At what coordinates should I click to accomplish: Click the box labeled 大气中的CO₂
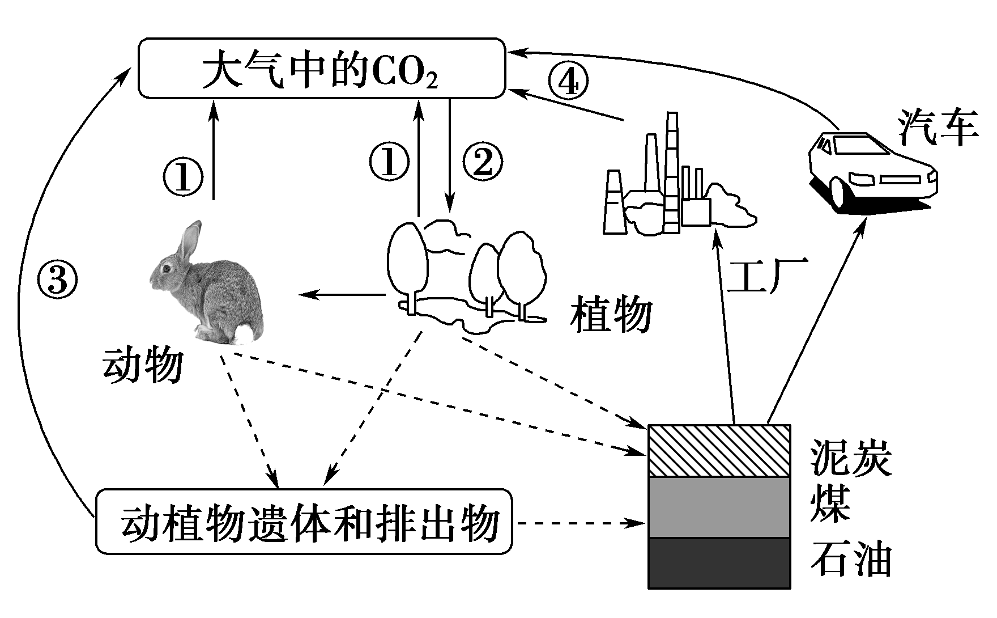321,67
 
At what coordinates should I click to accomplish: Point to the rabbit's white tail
245,333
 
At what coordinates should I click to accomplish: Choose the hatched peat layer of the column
719,450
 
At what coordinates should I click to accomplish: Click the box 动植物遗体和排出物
304,522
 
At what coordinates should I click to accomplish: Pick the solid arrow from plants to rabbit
343,294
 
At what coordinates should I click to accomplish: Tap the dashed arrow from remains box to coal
581,523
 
